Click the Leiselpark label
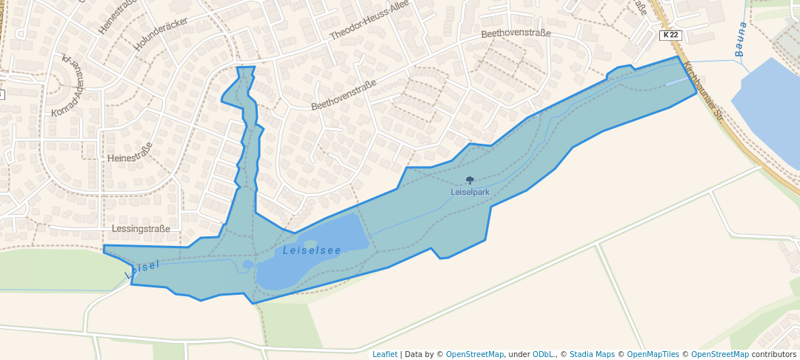(x=470, y=193)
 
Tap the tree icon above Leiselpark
(x=470, y=180)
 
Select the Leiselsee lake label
(x=312, y=250)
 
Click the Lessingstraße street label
(x=141, y=229)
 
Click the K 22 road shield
(x=670, y=35)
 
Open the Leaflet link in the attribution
(x=384, y=354)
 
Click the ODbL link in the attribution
(x=544, y=354)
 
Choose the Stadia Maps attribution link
(x=591, y=354)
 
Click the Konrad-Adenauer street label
(x=69, y=85)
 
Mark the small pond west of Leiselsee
(x=247, y=264)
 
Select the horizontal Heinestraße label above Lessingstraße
(x=130, y=158)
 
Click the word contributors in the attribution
(x=774, y=354)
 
